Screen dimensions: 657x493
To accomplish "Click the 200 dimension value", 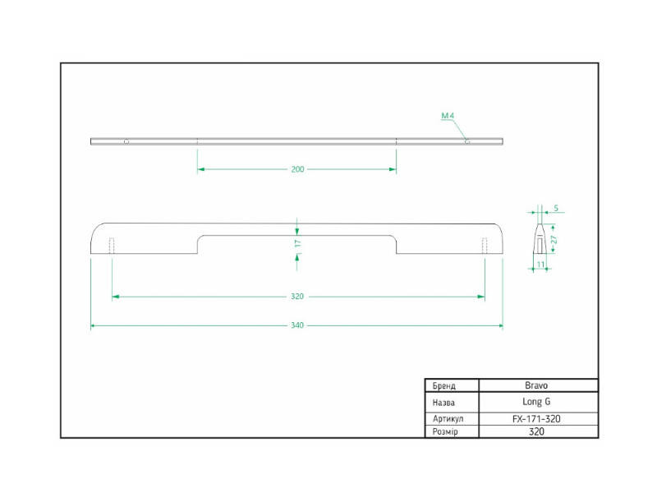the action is click(x=297, y=169).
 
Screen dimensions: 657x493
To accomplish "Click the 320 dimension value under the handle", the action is click(x=297, y=297).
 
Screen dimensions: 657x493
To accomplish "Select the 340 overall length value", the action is click(x=297, y=325).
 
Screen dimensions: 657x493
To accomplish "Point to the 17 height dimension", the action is click(x=298, y=243).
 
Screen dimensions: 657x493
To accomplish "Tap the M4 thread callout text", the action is click(x=448, y=115).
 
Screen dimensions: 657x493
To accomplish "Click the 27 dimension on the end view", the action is click(x=554, y=240).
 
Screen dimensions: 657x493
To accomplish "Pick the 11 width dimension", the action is click(x=540, y=264).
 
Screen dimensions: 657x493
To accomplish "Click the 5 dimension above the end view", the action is click(x=556, y=208).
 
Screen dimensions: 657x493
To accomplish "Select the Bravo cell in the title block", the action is click(x=536, y=385).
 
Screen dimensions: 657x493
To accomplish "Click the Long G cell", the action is click(x=536, y=402).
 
